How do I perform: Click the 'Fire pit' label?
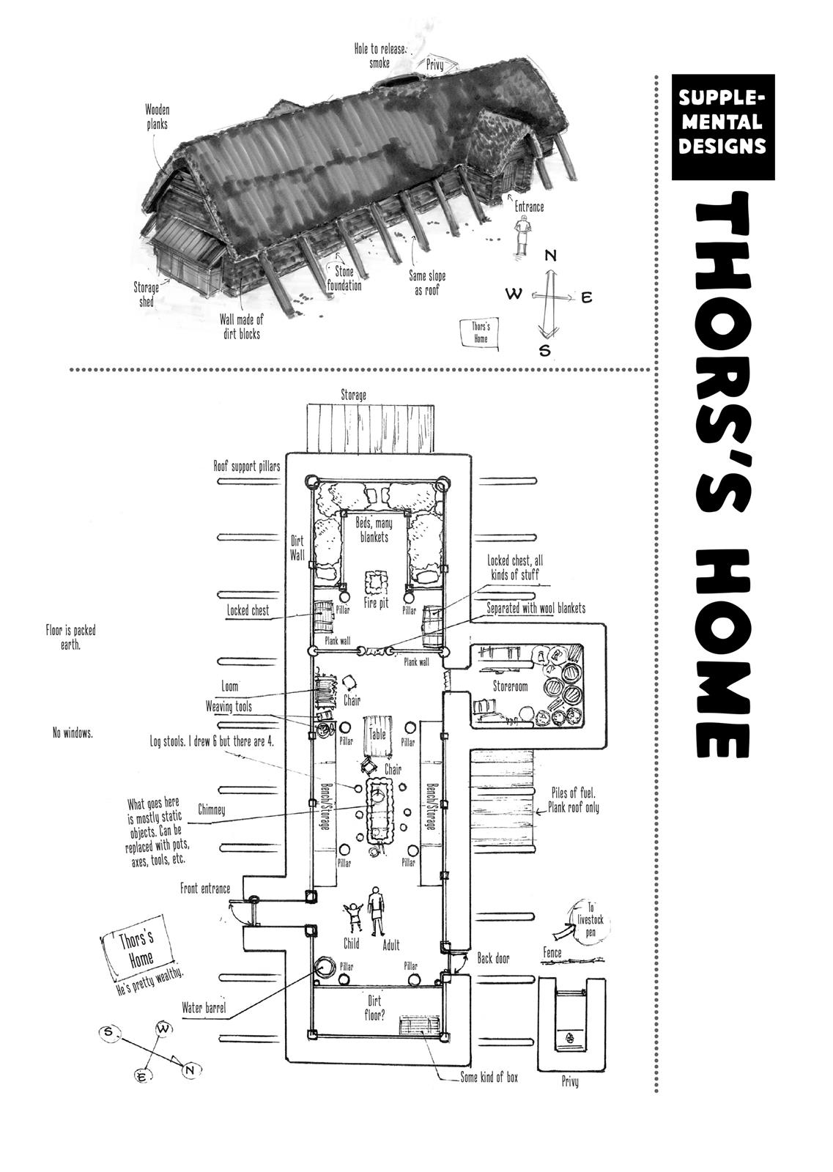click(x=375, y=604)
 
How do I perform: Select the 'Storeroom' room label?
click(x=510, y=686)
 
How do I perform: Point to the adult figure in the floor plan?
click(x=376, y=911)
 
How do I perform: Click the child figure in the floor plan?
click(x=354, y=917)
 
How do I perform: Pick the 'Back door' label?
click(x=493, y=958)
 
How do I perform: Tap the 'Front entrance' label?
click(x=205, y=889)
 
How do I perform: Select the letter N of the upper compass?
click(x=551, y=256)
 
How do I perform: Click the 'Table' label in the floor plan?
click(x=377, y=733)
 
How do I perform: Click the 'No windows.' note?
click(x=73, y=732)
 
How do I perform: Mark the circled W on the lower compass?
click(x=163, y=1028)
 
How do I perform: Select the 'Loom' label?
click(x=229, y=687)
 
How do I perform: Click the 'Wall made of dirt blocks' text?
click(x=241, y=327)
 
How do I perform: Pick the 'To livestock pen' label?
click(x=592, y=916)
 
